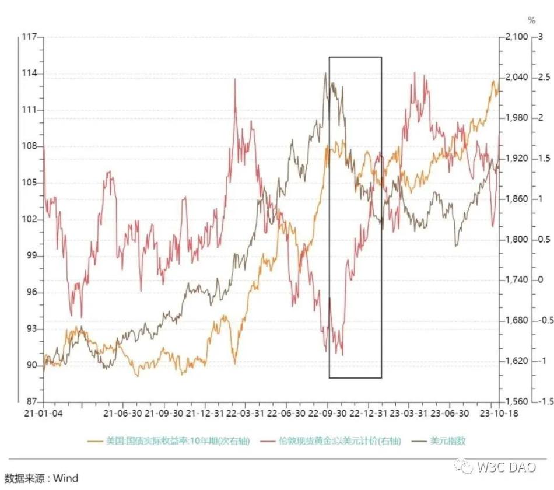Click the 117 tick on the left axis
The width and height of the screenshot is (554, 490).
(28, 37)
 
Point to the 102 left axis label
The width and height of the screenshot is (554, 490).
(28, 219)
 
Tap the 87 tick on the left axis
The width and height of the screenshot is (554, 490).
(29, 402)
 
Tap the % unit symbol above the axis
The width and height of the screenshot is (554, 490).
(531, 20)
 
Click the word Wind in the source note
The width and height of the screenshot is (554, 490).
(65, 478)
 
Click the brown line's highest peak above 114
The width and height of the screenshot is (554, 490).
(325, 72)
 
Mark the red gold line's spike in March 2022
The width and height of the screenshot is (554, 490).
(236, 79)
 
